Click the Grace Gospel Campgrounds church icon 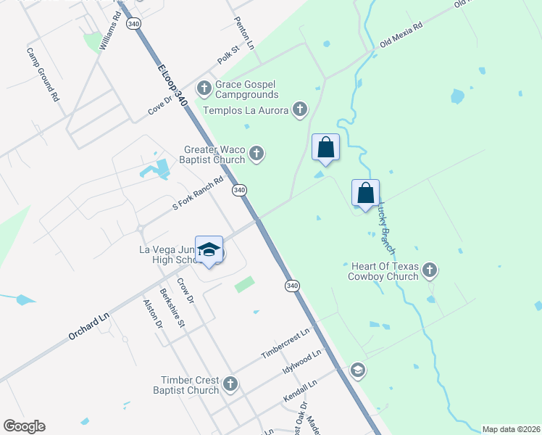click(x=204, y=88)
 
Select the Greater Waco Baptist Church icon click(x=256, y=153)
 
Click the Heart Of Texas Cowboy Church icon click(x=430, y=270)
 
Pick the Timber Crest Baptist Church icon click(x=230, y=384)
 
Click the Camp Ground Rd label click(x=43, y=74)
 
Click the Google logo click(x=24, y=426)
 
